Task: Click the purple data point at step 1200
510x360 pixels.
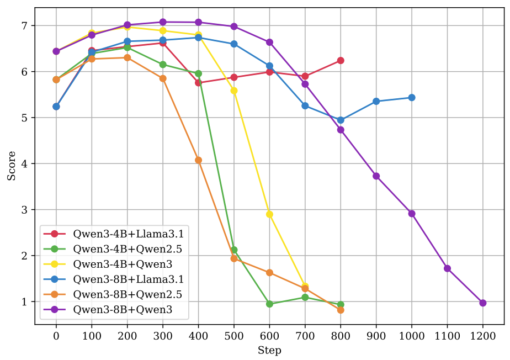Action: point(483,303)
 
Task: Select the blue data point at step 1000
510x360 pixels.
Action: point(412,98)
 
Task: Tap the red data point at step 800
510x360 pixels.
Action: point(341,60)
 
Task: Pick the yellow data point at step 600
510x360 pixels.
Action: point(269,214)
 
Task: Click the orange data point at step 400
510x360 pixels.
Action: point(198,160)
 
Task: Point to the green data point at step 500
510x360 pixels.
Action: point(234,250)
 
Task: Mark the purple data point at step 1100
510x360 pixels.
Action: point(448,268)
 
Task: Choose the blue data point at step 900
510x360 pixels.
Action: point(376,102)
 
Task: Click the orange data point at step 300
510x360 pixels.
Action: point(163,78)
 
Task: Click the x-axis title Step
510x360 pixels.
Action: point(269,351)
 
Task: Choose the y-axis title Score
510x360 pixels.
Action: point(11,166)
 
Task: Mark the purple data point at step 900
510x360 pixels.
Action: point(376,176)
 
